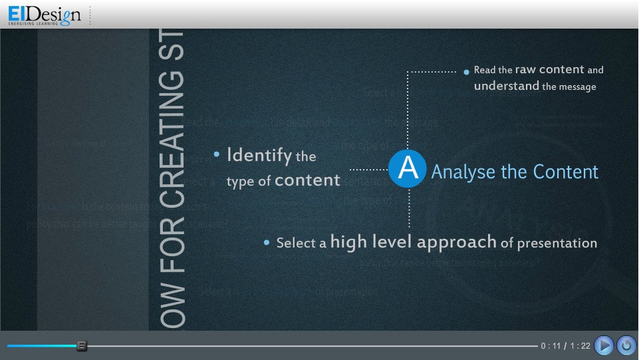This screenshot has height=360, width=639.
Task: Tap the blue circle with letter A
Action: click(407, 169)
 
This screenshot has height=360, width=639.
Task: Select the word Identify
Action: click(259, 156)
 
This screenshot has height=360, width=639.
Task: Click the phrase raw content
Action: click(549, 69)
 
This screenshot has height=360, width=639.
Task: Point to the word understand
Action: click(506, 86)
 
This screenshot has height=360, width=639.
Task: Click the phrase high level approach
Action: click(413, 242)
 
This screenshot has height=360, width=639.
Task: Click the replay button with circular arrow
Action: click(626, 345)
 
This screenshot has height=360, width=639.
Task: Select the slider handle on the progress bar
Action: click(82, 345)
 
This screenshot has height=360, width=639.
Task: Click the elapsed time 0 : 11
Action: click(551, 345)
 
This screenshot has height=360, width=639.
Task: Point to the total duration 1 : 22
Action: click(580, 345)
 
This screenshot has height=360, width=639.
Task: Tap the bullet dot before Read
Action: click(467, 70)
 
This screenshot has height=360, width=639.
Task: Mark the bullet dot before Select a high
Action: click(267, 243)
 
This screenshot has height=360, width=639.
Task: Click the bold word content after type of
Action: click(307, 180)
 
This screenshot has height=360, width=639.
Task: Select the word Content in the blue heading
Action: click(566, 172)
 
